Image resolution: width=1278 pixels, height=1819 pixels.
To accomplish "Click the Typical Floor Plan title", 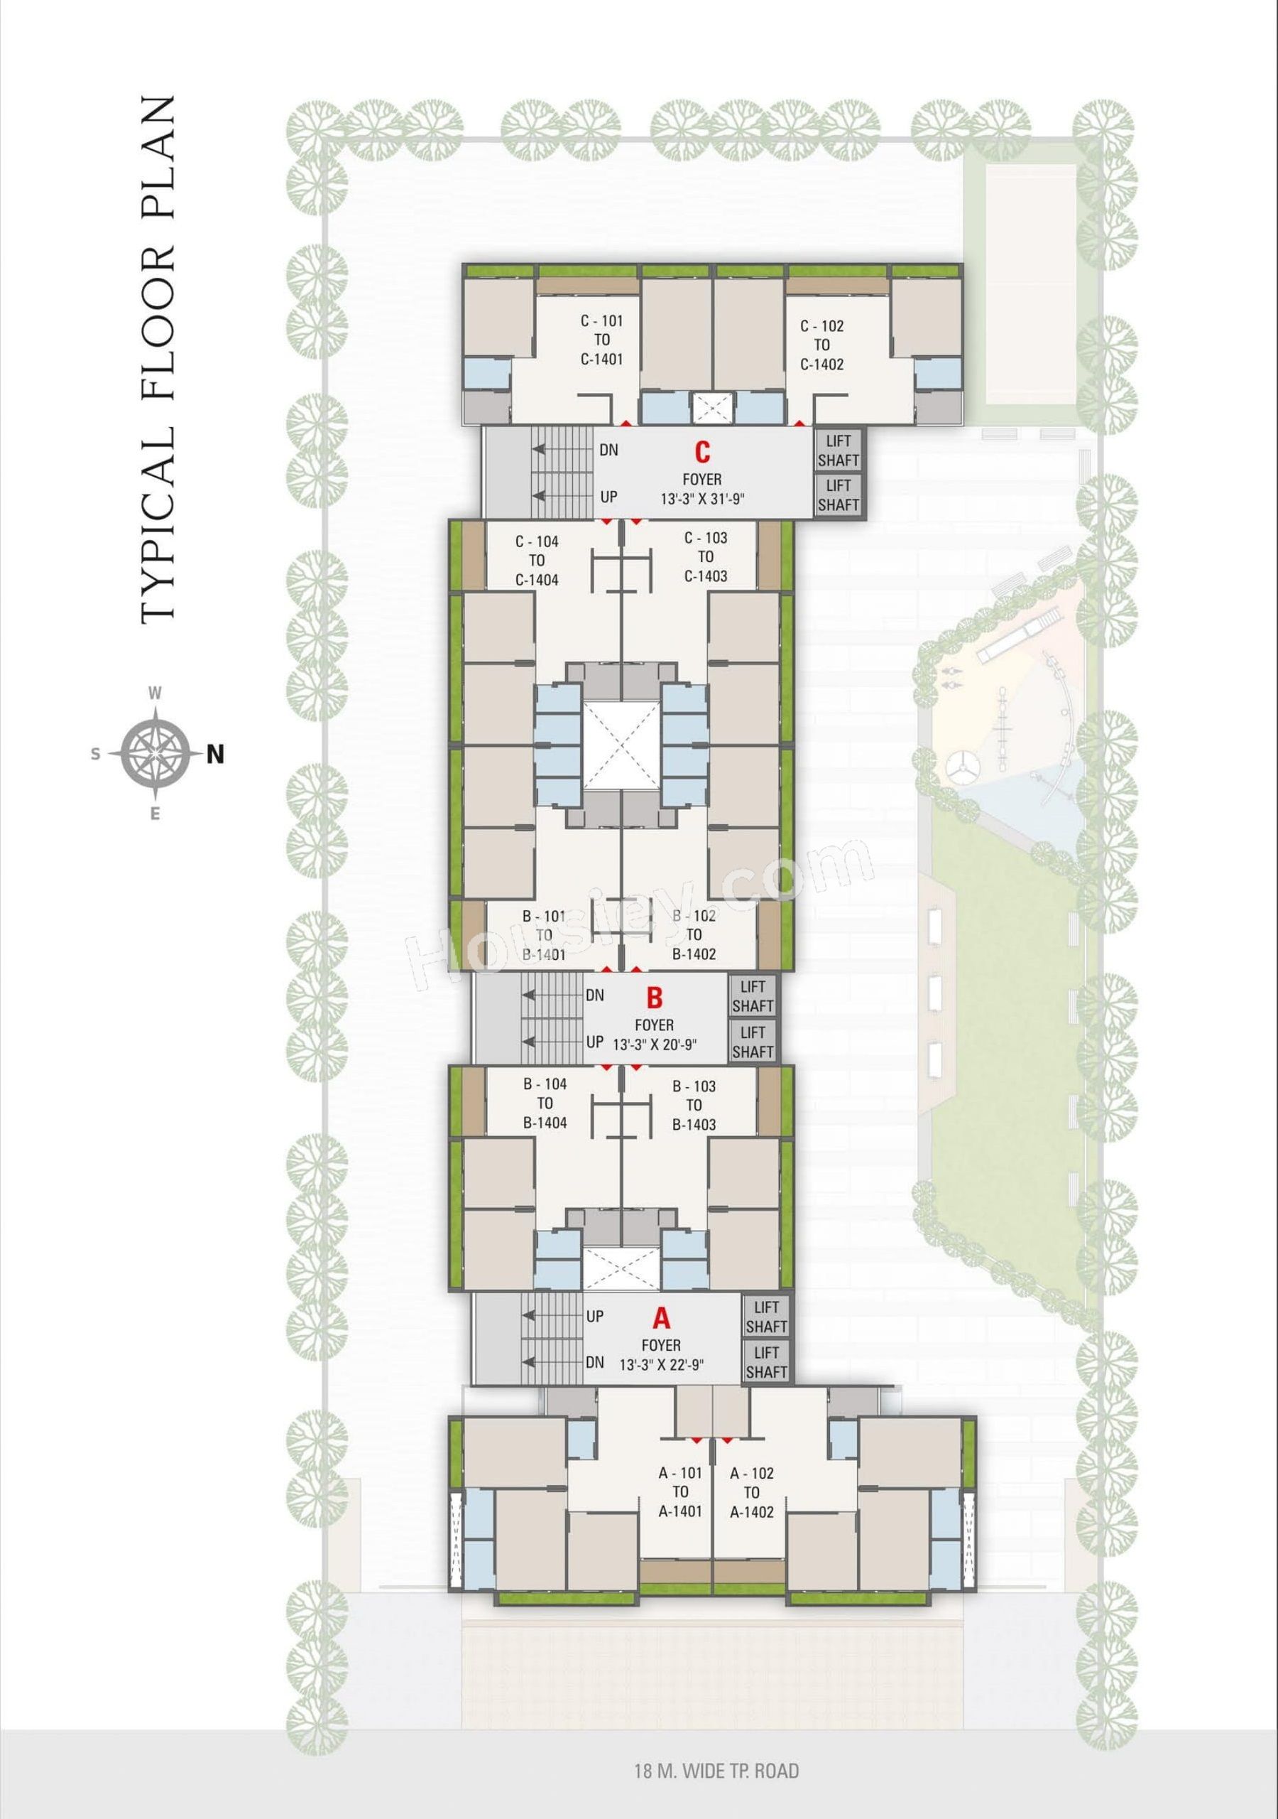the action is [x=158, y=360].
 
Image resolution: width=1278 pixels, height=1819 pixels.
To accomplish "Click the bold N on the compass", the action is [x=215, y=755].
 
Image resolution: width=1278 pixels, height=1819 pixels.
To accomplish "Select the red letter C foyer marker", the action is [x=702, y=452].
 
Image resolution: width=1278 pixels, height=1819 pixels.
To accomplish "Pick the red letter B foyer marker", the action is [x=654, y=997].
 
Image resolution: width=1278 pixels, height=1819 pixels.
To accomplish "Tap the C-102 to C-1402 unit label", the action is [x=821, y=345].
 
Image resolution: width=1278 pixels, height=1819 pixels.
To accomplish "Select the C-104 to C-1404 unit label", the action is [x=537, y=561].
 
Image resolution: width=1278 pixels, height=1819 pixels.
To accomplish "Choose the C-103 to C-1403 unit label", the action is [x=706, y=557].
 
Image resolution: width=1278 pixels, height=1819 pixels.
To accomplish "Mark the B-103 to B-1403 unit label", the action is [x=694, y=1105].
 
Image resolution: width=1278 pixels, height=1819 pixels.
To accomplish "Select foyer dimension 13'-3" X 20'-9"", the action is [x=654, y=1045].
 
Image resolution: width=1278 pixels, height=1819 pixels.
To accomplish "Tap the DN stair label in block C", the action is [x=609, y=450].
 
